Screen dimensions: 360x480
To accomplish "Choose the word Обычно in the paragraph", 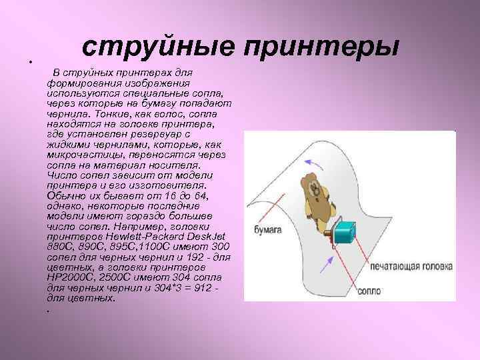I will (66, 194).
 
